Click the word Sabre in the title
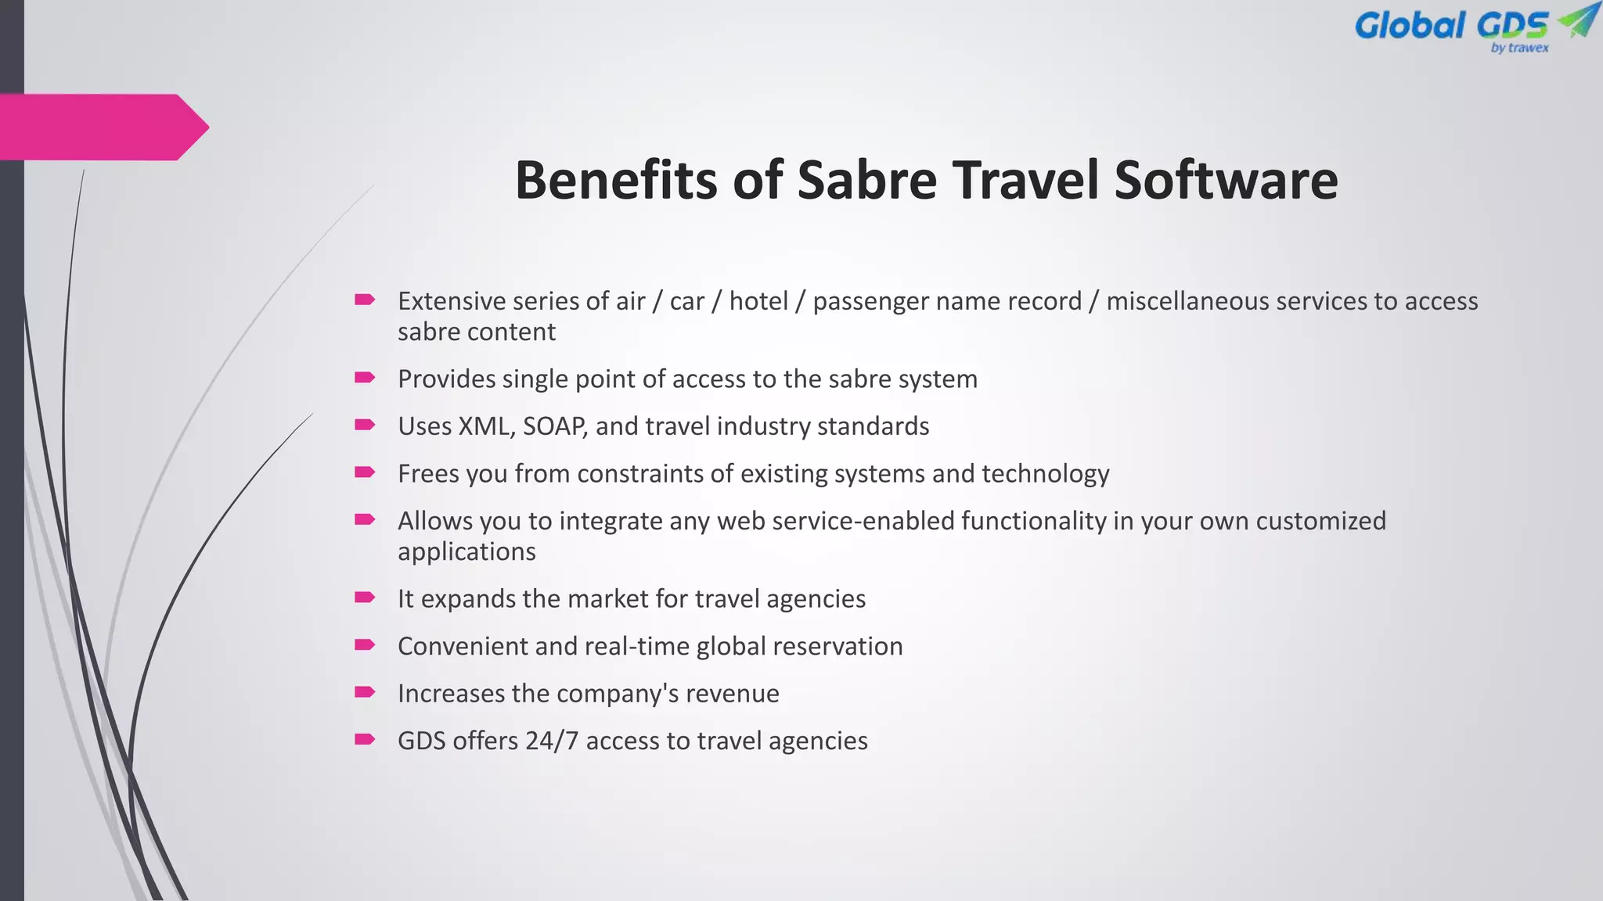[x=866, y=180]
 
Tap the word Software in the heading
[x=1226, y=180]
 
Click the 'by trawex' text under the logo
[x=1519, y=48]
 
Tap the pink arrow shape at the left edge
[x=102, y=127]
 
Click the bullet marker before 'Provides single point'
[x=365, y=378]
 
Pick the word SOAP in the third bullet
[x=555, y=426]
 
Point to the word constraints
[x=639, y=474]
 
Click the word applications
[x=466, y=552]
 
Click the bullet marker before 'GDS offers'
[x=365, y=739]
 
